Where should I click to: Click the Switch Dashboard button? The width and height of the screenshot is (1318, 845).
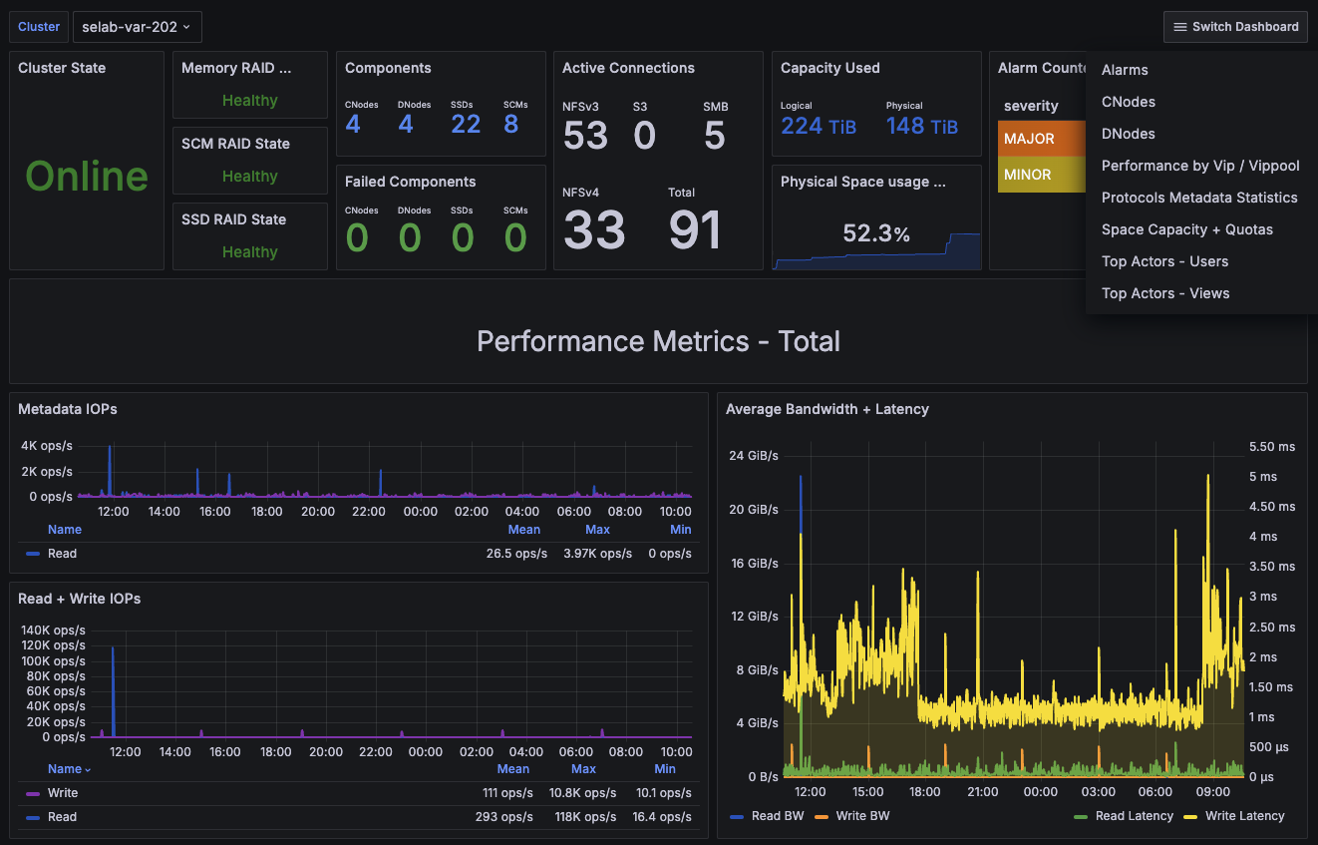(1235, 27)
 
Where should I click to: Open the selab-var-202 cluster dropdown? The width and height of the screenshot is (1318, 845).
(138, 27)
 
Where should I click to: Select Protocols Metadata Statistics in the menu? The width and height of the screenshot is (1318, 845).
(1199, 198)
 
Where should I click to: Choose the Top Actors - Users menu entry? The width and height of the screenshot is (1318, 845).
(1164, 261)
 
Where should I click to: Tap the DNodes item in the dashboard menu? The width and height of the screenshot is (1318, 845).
(1128, 134)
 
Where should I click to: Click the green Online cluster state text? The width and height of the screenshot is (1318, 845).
(87, 176)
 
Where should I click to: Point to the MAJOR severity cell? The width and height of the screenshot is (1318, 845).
(1041, 139)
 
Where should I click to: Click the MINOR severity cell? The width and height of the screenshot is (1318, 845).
(1041, 175)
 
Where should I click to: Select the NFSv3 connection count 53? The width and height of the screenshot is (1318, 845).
(585, 135)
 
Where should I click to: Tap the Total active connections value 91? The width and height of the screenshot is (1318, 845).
(695, 229)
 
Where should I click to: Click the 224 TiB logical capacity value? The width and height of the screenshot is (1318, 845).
(819, 126)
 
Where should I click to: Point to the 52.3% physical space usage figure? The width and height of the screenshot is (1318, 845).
(876, 233)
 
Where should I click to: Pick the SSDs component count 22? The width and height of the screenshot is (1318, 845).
(466, 125)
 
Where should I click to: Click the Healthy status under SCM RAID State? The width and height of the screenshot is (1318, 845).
(250, 176)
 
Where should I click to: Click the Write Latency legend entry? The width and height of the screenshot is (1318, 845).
(1234, 816)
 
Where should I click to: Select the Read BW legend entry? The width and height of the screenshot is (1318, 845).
(767, 816)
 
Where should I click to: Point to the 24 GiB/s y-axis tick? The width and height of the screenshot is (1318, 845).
(753, 456)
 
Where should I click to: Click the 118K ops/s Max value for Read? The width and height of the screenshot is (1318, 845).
(585, 817)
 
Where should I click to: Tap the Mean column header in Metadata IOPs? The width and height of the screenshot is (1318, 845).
(523, 530)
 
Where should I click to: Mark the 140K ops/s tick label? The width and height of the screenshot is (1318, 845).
(53, 631)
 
